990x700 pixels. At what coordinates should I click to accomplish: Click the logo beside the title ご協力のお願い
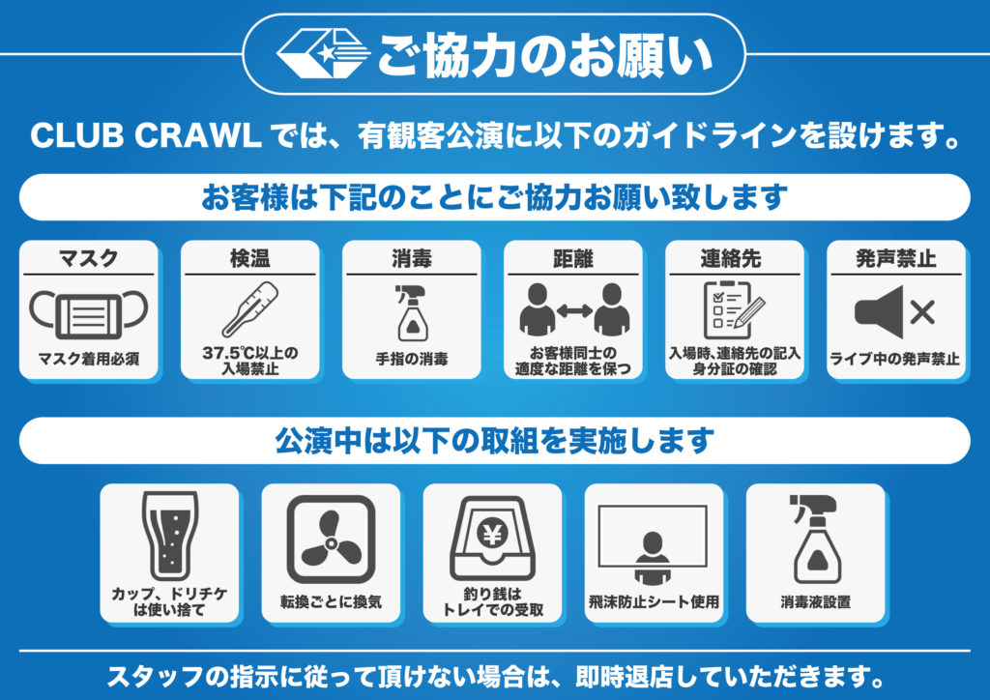323,53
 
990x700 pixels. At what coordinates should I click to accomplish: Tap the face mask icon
88,314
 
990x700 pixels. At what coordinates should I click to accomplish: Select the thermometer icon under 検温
250,309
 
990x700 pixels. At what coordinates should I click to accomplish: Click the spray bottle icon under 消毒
411,313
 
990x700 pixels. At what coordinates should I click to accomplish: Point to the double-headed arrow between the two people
574,310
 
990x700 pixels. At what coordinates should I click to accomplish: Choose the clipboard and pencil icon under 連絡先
734,310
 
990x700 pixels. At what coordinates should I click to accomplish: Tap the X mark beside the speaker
922,312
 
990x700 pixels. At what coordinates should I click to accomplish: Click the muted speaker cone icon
879,312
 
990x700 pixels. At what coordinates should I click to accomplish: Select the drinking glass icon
170,536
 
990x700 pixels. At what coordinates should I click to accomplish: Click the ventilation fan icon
331,540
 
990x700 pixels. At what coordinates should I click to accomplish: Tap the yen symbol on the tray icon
492,535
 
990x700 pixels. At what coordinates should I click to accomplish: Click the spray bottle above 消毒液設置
815,539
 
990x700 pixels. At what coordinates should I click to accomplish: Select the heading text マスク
88,258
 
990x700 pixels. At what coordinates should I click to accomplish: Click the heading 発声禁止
896,258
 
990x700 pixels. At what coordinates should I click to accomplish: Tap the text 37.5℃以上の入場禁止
250,361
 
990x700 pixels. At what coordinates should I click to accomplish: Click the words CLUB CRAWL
146,135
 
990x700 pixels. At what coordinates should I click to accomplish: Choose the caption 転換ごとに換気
331,601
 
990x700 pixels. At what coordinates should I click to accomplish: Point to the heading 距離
572,258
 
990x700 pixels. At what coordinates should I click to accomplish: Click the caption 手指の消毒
412,359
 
